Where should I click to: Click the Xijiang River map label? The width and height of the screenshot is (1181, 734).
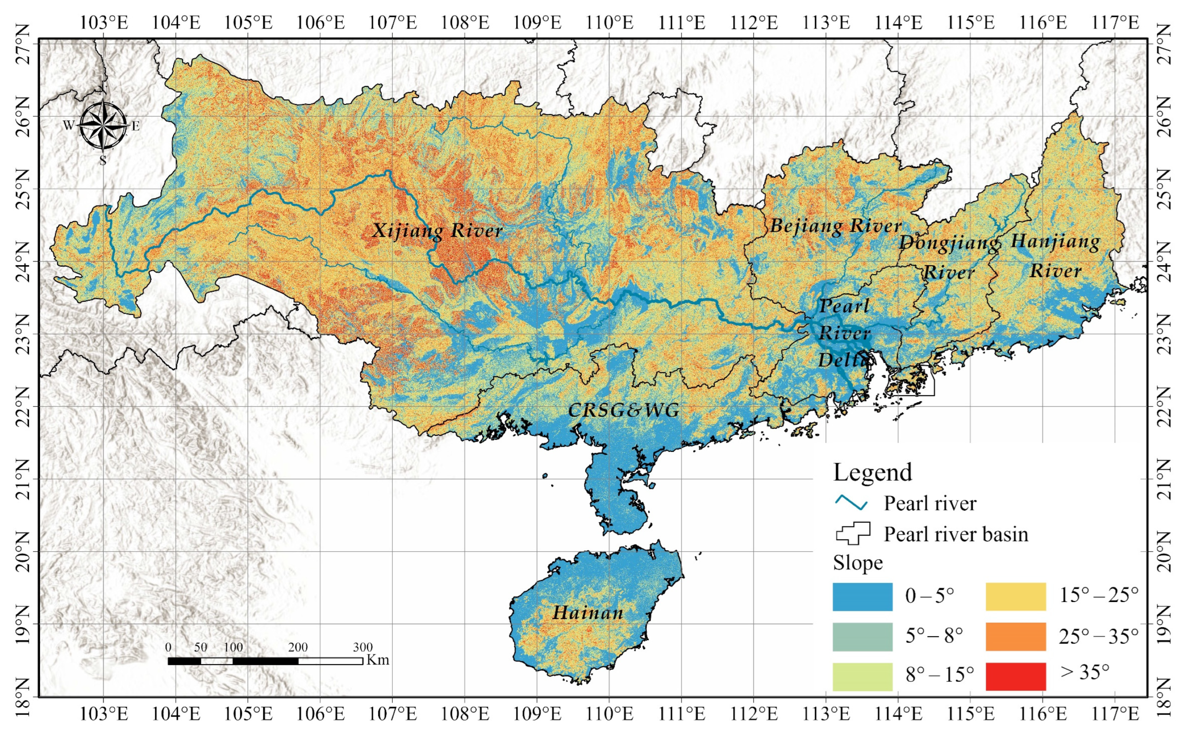click(x=437, y=230)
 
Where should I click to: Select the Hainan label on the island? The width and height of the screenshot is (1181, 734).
click(x=588, y=613)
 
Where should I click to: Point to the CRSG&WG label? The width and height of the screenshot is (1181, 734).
click(x=624, y=411)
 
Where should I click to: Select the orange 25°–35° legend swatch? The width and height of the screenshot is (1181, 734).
click(x=1016, y=636)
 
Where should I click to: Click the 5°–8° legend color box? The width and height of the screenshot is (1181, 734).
click(x=862, y=636)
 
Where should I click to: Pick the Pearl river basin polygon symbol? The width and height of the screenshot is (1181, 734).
click(x=853, y=533)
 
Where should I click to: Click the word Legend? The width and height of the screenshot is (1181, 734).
click(x=873, y=473)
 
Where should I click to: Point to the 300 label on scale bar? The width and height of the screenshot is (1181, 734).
click(x=363, y=647)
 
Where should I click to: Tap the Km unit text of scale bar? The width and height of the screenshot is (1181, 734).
click(x=378, y=660)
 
